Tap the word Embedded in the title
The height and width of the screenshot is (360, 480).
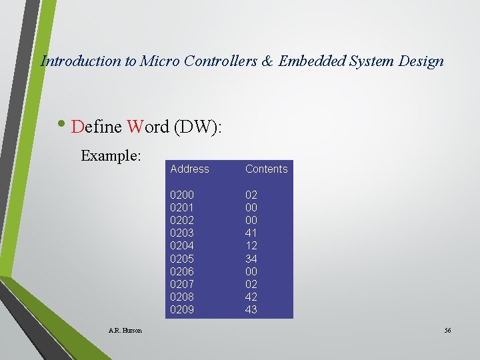coord(311,61)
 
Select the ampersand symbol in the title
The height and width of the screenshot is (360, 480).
coord(267,61)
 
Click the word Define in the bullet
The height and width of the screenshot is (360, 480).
coord(96,127)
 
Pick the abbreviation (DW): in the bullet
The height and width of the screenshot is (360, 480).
coord(197,127)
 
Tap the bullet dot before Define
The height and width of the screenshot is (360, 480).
coord(62,124)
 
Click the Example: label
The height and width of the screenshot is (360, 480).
coord(111,156)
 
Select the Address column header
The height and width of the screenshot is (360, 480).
coord(189,169)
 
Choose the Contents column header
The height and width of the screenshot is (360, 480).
coord(266,169)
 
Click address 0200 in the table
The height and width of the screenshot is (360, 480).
coord(182,195)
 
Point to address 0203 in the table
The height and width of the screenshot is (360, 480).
coord(182,233)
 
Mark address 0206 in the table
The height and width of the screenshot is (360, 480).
coord(182,271)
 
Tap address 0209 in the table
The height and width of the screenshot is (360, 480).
coord(182,309)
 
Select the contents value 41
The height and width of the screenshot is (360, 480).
coord(251,233)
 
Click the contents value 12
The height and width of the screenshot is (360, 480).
coord(251,246)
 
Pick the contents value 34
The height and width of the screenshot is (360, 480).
coord(251,259)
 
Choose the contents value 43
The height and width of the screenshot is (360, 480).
coord(251,309)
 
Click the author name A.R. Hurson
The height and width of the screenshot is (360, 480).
coord(125,330)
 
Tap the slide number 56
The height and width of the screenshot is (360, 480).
coord(447,330)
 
